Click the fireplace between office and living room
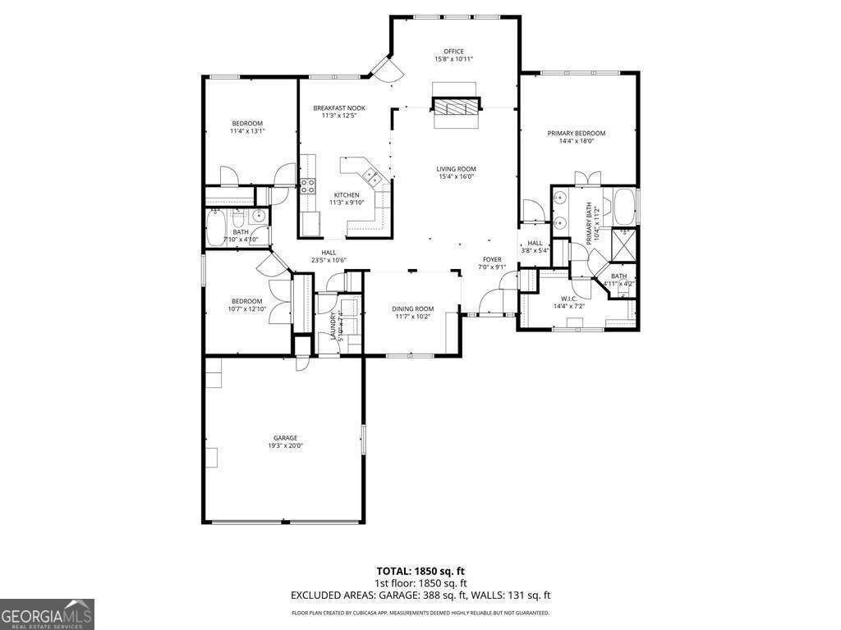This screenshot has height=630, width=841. click(x=454, y=107)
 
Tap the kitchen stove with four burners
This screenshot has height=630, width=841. click(x=308, y=185)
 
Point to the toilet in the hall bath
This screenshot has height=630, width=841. click(x=238, y=218)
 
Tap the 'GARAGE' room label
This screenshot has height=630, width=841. click(x=285, y=438)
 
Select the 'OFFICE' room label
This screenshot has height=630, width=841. click(x=454, y=51)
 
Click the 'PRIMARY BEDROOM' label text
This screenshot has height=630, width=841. click(x=577, y=133)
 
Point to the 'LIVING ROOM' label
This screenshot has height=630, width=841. click(x=456, y=168)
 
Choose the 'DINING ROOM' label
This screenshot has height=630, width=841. click(x=412, y=308)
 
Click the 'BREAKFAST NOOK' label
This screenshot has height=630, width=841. click(x=339, y=108)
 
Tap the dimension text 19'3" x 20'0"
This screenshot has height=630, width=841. click(x=285, y=446)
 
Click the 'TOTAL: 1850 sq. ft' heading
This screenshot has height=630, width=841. click(x=420, y=570)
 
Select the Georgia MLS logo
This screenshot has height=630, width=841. click(x=47, y=614)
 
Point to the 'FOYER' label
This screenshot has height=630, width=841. click(x=491, y=259)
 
